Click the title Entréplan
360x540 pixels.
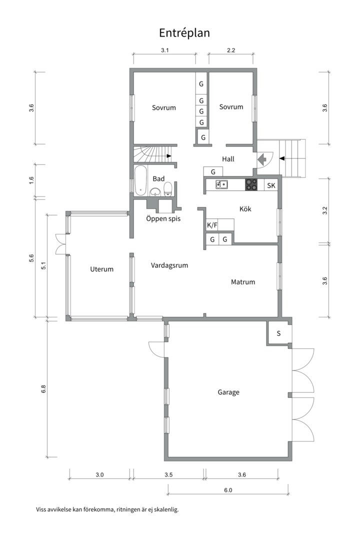(184, 32)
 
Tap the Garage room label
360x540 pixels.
(228, 392)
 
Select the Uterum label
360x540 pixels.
(101, 269)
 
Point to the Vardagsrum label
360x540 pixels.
(169, 265)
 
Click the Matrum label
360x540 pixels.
(243, 282)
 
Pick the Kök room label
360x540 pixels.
(245, 209)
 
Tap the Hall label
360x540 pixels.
(228, 159)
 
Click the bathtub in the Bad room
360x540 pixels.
(140, 181)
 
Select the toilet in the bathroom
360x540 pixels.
(168, 189)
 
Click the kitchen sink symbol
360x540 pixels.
(221, 184)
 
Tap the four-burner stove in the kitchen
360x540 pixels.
(251, 184)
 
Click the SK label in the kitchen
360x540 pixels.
(271, 185)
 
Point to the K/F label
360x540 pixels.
(212, 225)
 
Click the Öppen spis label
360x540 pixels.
(163, 218)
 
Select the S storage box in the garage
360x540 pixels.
(278, 333)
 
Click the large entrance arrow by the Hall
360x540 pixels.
(262, 159)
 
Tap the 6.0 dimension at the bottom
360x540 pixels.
(228, 490)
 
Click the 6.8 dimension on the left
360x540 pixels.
(43, 389)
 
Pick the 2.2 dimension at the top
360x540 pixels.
(231, 50)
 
